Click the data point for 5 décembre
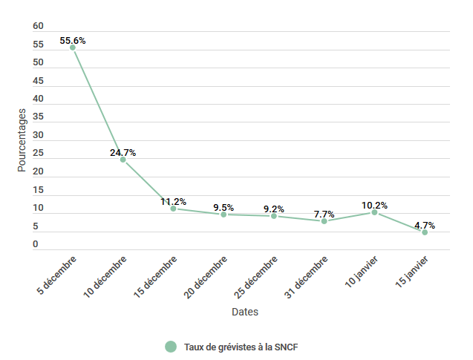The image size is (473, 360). click(73, 48)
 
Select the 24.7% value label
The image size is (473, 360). click(123, 153)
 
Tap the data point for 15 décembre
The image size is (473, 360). click(173, 209)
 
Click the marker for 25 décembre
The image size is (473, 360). click(274, 216)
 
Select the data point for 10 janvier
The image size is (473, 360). click(374, 212)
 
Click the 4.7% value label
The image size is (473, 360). click(425, 226)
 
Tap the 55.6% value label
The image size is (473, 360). click(73, 41)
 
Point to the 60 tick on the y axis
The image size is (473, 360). click(39, 26)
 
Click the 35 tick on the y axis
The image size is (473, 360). click(39, 117)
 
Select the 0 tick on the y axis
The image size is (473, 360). click(36, 244)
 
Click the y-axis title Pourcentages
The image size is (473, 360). click(22, 140)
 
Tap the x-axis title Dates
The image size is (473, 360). click(245, 312)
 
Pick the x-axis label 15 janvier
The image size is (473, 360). click(413, 273)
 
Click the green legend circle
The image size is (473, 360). click(171, 347)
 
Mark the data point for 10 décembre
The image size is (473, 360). click(123, 160)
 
